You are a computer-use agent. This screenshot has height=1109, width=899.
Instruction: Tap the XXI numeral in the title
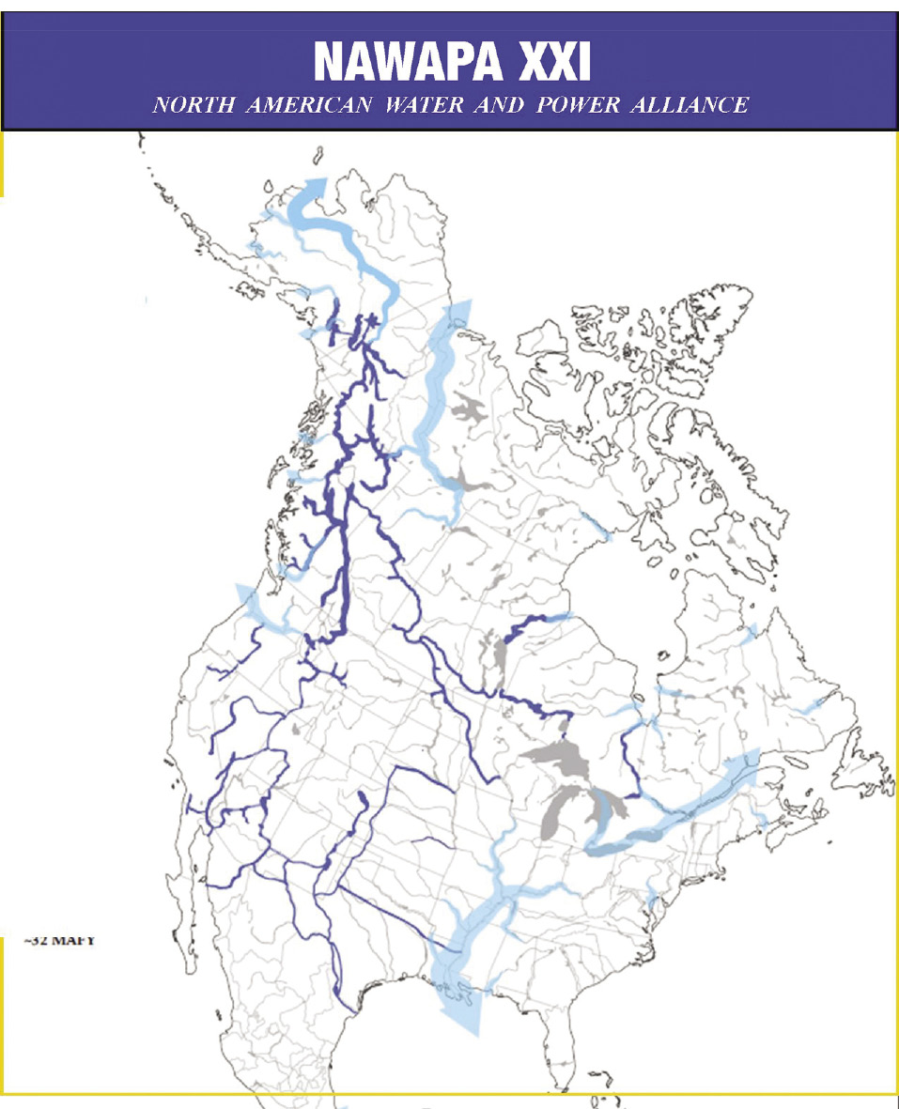(x=551, y=62)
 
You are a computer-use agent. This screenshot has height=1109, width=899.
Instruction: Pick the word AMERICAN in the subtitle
(x=310, y=104)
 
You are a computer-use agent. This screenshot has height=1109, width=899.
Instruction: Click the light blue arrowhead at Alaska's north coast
(x=313, y=187)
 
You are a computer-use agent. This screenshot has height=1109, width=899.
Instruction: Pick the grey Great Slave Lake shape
(x=460, y=484)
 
